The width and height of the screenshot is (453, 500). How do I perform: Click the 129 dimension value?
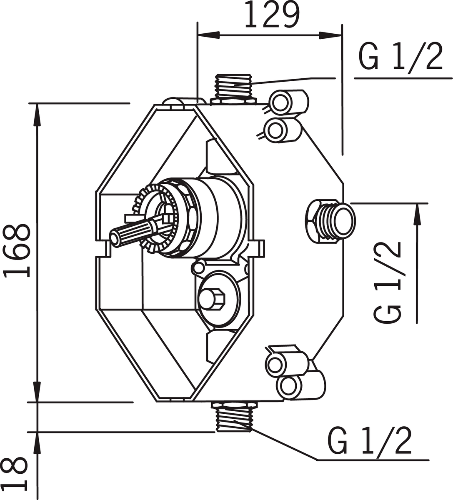tap(271, 15)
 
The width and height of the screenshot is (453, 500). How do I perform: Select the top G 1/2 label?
tap(400, 58)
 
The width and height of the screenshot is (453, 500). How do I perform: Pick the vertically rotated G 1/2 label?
tap(388, 283)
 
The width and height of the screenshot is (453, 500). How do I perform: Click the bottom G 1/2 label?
tap(370, 440)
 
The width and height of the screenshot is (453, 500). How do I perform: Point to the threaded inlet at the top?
tap(234, 86)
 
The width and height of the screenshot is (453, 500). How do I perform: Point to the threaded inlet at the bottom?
tap(233, 417)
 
